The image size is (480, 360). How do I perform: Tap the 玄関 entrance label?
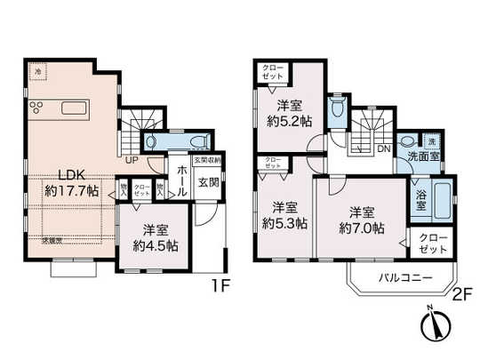pos(208,182)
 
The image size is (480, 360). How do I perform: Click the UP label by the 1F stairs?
pos(132,161)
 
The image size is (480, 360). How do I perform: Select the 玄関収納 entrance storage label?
pos(210,161)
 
